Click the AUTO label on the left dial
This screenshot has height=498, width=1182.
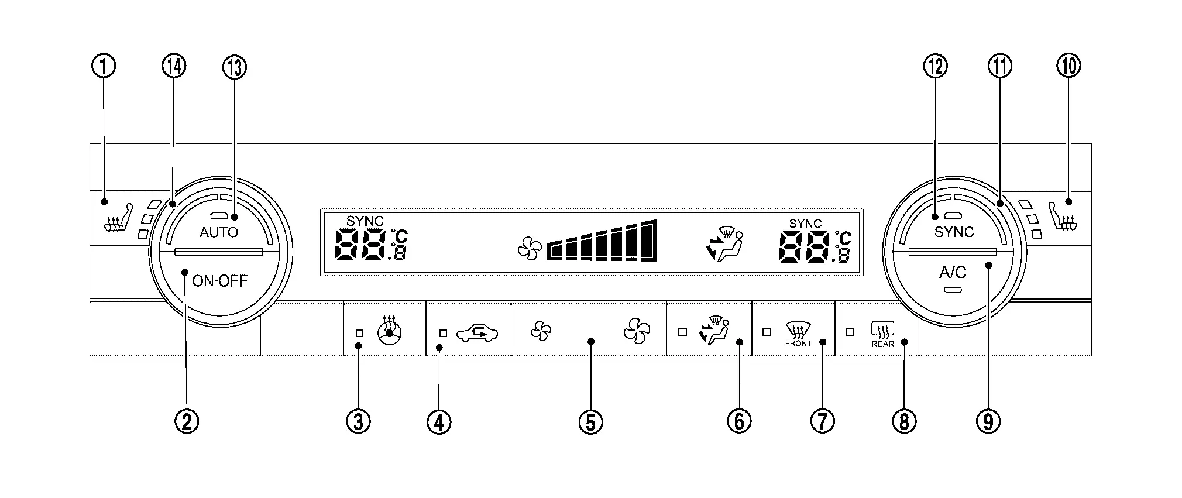click(x=219, y=232)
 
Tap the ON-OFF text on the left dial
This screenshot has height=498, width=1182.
click(x=220, y=281)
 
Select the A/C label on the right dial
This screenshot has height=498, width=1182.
click(x=953, y=273)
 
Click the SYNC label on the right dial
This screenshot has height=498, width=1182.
click(x=954, y=232)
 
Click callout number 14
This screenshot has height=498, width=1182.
click(x=174, y=66)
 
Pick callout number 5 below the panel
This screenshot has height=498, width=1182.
click(x=590, y=421)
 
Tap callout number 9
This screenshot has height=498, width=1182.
click(x=988, y=421)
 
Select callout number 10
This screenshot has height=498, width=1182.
click(x=1068, y=66)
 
